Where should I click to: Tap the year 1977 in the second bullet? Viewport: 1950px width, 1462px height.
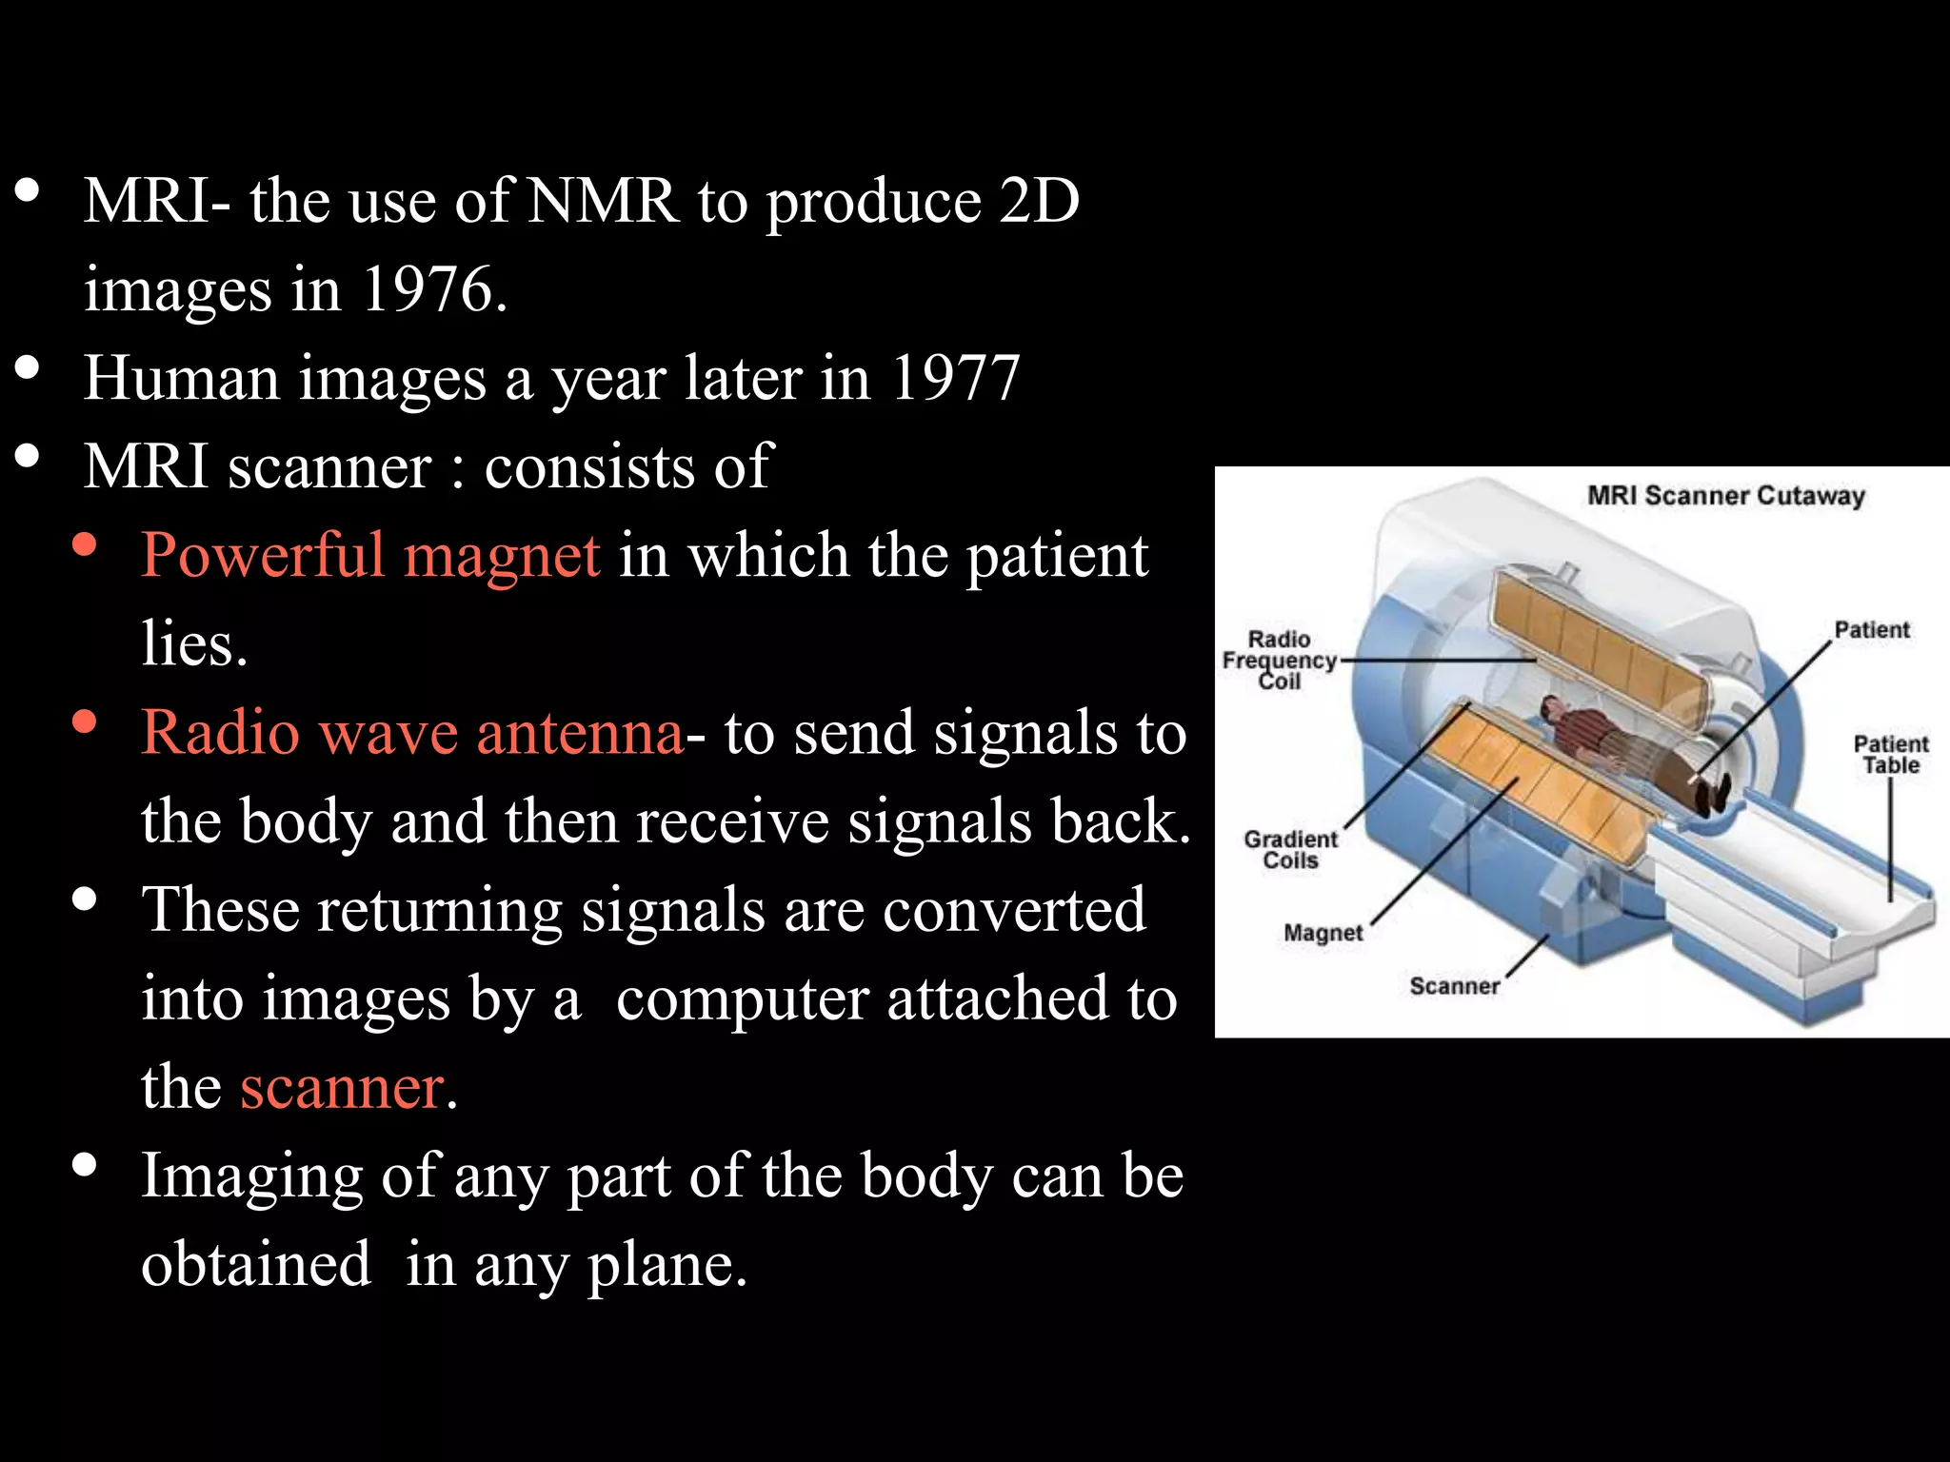pyautogui.click(x=955, y=378)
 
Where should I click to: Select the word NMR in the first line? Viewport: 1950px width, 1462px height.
pyautogui.click(x=603, y=201)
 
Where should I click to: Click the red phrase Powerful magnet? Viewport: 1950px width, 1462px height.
pyautogui.click(x=370, y=555)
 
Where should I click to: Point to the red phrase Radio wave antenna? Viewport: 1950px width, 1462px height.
pyautogui.click(x=411, y=733)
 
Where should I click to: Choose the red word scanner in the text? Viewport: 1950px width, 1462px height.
pyautogui.click(x=342, y=1088)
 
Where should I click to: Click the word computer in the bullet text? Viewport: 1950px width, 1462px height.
pyautogui.click(x=742, y=999)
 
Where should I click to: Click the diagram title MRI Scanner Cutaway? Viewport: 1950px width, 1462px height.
pyautogui.click(x=1725, y=496)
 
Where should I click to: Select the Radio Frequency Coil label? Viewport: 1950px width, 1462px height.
pyautogui.click(x=1279, y=660)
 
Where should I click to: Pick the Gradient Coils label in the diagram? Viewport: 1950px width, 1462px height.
pyautogui.click(x=1290, y=850)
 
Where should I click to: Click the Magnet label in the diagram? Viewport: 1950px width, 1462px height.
pyautogui.click(x=1323, y=933)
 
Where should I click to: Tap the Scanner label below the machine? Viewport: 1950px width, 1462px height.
pyautogui.click(x=1454, y=986)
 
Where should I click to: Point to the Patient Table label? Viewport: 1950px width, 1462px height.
pyautogui.click(x=1890, y=755)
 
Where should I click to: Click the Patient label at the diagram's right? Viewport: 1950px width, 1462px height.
pyautogui.click(x=1871, y=630)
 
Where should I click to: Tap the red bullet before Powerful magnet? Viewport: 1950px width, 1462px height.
pyautogui.click(x=85, y=544)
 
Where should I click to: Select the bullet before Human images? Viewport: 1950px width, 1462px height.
pyautogui.click(x=28, y=367)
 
